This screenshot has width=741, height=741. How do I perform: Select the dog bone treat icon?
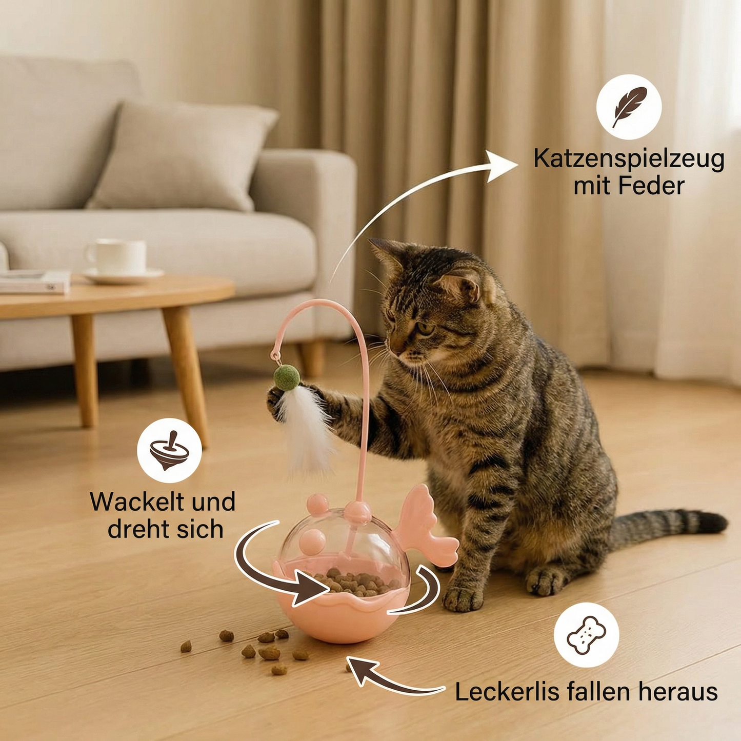pos(586,635)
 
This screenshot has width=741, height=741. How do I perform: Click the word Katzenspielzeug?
pos(629,159)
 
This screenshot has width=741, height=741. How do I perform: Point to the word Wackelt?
pos(134,502)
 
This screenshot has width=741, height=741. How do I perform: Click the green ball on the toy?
pos(286,377)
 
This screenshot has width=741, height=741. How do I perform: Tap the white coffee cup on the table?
pos(117,256)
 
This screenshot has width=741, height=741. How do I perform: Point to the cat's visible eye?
pos(424,328)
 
